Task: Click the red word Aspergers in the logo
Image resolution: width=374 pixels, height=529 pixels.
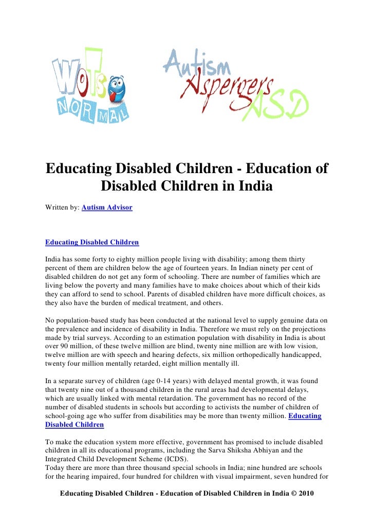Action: point(226,90)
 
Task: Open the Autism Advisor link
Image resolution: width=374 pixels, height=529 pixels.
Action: point(107,207)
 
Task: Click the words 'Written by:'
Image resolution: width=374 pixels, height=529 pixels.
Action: point(62,207)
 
